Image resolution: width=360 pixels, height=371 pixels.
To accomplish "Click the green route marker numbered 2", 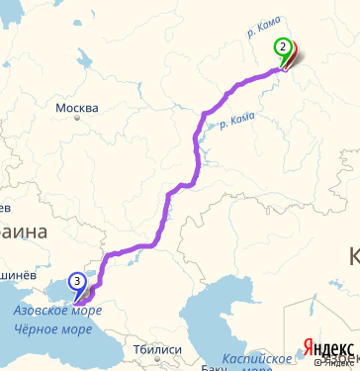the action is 283,46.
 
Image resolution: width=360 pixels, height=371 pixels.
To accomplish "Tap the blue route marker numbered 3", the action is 76,281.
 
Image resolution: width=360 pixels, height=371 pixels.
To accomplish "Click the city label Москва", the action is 76,108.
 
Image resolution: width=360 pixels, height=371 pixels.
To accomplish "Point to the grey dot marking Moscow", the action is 77,119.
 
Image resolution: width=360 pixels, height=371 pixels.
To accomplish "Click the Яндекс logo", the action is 329,347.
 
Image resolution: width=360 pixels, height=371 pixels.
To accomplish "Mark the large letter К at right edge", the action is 353,257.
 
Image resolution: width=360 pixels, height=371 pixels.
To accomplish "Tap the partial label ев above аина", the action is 5,208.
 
